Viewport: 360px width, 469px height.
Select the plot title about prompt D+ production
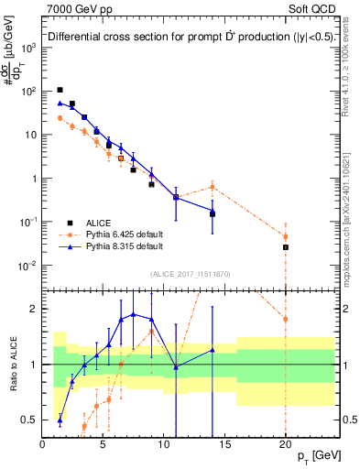[183, 38]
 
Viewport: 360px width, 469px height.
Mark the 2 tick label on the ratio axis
[34, 309]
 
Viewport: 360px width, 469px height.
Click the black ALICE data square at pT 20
[286, 247]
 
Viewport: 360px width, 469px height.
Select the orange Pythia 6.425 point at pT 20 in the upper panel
[286, 236]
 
